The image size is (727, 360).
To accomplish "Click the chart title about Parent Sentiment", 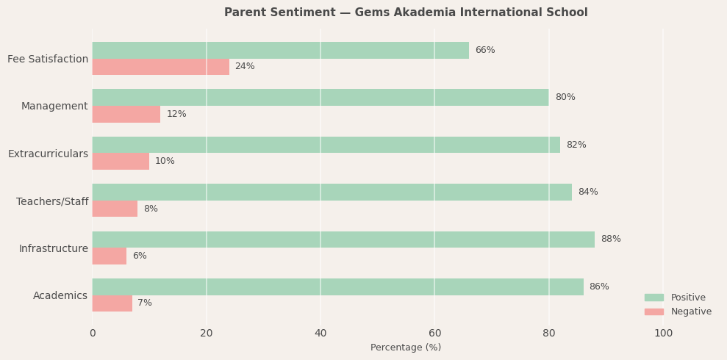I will [x=406, y=12].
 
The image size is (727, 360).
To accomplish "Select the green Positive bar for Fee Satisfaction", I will [x=280, y=50].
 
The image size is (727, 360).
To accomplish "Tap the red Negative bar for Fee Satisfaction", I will [x=160, y=67].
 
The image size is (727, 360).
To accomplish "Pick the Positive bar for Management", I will [x=320, y=97].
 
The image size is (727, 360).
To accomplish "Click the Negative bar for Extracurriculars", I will [x=121, y=162].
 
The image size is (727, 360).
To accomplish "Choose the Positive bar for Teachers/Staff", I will [x=332, y=192].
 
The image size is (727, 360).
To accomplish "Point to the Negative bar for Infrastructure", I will [x=110, y=256].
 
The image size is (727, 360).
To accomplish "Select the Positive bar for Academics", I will [x=337, y=287].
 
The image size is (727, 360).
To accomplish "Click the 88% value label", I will [x=610, y=240].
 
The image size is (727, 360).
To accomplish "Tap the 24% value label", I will [x=245, y=67].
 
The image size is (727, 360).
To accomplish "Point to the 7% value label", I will [x=145, y=303].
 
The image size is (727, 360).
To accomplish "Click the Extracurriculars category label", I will [x=48, y=154].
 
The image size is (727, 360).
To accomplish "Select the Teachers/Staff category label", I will [x=52, y=201].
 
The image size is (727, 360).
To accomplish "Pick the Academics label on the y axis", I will [x=60, y=296].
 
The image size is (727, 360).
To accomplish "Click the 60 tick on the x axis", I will [x=434, y=334].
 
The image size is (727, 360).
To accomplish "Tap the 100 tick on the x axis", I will [x=663, y=334].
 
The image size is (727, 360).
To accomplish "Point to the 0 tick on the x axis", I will [x=93, y=334].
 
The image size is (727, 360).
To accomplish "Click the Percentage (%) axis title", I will [x=406, y=348].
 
